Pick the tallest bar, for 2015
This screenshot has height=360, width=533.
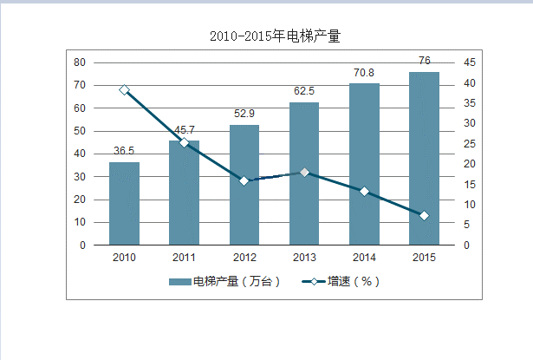coord(424,159)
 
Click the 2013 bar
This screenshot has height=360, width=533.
coord(304,173)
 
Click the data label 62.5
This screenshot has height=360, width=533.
coord(304,90)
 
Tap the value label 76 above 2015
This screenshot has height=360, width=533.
coord(424,61)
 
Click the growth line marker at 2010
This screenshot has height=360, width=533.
coord(124,89)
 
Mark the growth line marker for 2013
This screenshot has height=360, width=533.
coord(304,172)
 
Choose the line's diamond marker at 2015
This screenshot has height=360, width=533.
coord(424,215)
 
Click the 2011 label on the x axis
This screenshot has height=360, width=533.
coord(184,257)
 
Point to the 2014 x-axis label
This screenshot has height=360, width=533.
coord(364,257)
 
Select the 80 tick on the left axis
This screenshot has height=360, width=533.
coord(79,62)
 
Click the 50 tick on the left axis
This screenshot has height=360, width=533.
coord(79,131)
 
